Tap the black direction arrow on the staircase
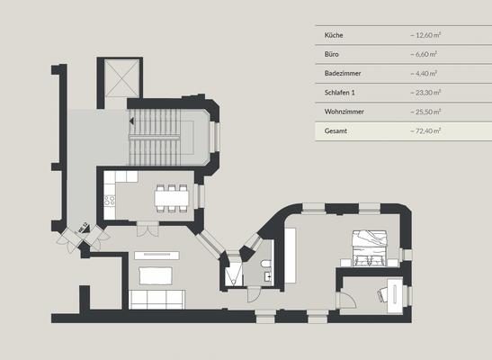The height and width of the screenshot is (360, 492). pos(131,119)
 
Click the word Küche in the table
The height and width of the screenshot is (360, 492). pos(334,35)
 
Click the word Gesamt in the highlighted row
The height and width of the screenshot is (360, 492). pos(335,130)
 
